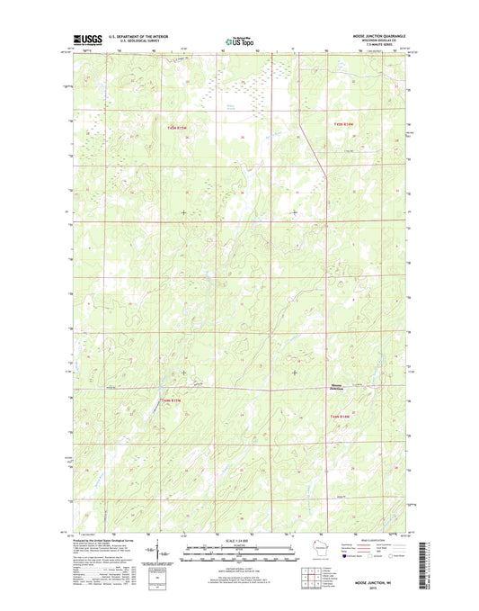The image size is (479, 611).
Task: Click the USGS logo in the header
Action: [x=84, y=40]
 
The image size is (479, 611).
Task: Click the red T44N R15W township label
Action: [x=172, y=400]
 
